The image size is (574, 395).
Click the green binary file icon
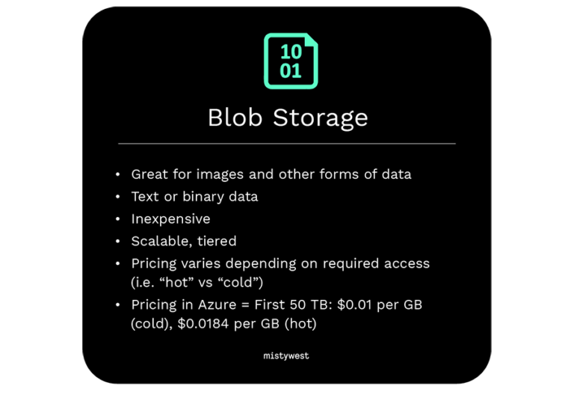pos(291,61)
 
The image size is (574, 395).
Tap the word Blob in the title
pos(235,117)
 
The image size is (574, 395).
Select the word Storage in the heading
pos(321,118)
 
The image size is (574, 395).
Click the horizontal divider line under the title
pos(287,144)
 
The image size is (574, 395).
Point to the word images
pos(220,175)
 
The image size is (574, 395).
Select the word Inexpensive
pos(170,219)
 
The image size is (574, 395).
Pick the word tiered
pos(217,241)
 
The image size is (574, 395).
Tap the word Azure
pos(217,305)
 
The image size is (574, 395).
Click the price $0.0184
pos(203,324)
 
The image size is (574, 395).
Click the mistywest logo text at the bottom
pos(286,356)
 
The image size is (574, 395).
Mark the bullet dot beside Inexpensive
pos(117,219)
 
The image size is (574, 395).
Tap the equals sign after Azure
pos(245,305)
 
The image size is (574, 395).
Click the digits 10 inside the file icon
pos(291,52)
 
